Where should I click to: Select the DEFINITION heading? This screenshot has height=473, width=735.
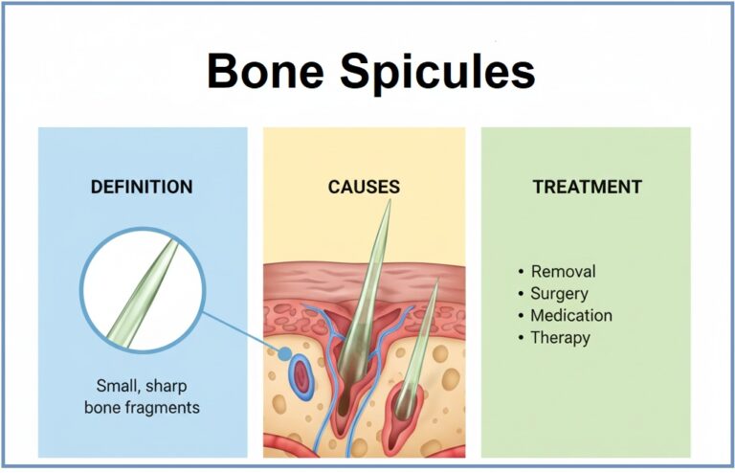point(142,187)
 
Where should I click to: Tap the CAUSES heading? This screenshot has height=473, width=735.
point(364,187)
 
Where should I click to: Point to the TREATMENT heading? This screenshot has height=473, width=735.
point(587,187)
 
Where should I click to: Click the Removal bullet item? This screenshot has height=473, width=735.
point(563,271)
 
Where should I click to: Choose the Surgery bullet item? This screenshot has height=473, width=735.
point(559,293)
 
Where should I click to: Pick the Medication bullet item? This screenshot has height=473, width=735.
point(571,315)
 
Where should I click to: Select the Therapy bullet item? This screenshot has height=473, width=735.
point(561,337)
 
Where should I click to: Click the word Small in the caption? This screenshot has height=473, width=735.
point(117,387)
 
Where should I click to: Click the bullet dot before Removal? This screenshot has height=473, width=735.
point(520,272)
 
